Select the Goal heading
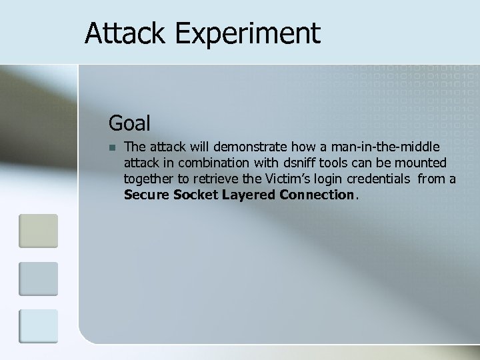click(x=129, y=123)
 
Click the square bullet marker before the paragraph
click(x=113, y=147)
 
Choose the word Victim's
click(x=281, y=179)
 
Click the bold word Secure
click(x=145, y=195)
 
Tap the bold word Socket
click(x=193, y=195)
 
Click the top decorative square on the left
click(x=38, y=230)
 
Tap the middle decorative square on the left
click(x=38, y=278)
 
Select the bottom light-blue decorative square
click(x=38, y=327)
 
